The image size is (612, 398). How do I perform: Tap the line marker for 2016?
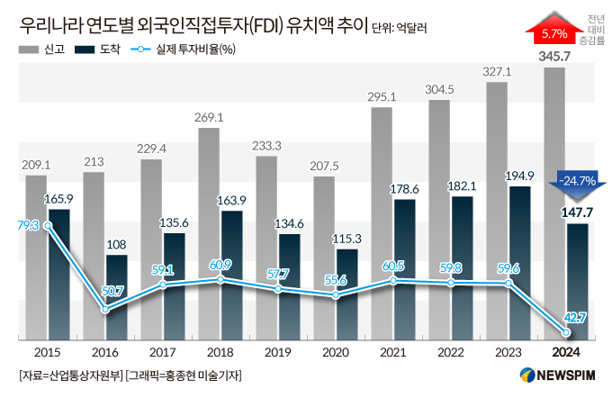pos(105,310)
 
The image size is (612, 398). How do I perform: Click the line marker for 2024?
pos(566,331)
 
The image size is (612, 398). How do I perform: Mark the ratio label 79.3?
pos(28,225)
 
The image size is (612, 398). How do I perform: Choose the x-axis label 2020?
pos(335,353)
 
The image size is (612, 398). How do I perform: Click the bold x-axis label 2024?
pos(565,353)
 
